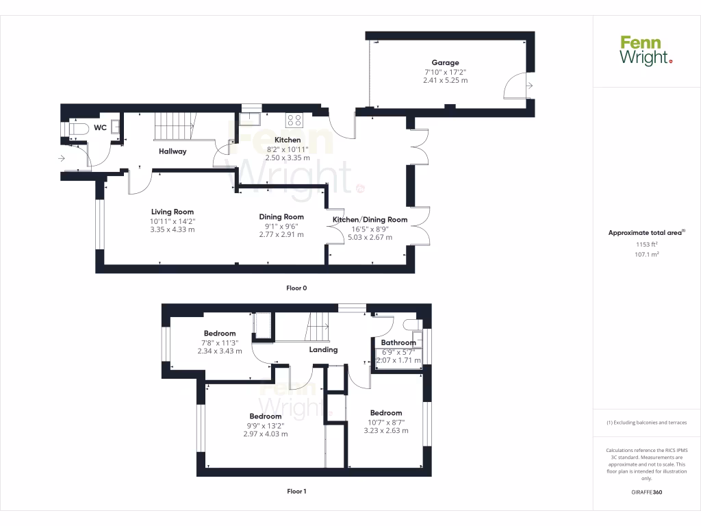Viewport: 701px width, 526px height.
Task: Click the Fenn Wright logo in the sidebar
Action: (x=646, y=51)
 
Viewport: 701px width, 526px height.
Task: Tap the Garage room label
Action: (x=445, y=62)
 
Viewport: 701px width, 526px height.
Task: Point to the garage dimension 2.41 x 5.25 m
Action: (x=445, y=80)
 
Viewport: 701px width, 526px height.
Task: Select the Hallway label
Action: (x=173, y=151)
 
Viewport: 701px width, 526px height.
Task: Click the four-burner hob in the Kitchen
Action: (x=294, y=120)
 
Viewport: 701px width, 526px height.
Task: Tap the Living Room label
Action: (x=173, y=212)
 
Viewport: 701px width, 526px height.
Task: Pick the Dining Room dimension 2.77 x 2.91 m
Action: (x=281, y=234)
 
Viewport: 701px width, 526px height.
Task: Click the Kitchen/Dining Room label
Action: (x=370, y=220)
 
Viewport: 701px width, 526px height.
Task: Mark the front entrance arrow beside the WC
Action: (x=62, y=159)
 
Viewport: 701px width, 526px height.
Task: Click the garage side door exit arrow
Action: (x=531, y=85)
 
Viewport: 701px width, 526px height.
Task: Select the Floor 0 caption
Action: (x=296, y=288)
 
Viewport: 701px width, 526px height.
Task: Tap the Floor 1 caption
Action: (x=296, y=491)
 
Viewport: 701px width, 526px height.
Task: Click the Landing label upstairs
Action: (x=324, y=349)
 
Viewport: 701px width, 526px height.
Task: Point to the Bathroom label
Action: (x=398, y=342)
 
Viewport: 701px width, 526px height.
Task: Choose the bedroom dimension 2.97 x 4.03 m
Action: (x=266, y=434)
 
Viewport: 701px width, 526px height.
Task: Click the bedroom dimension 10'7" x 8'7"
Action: (x=386, y=422)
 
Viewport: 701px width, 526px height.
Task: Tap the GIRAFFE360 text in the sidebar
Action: (x=646, y=492)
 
